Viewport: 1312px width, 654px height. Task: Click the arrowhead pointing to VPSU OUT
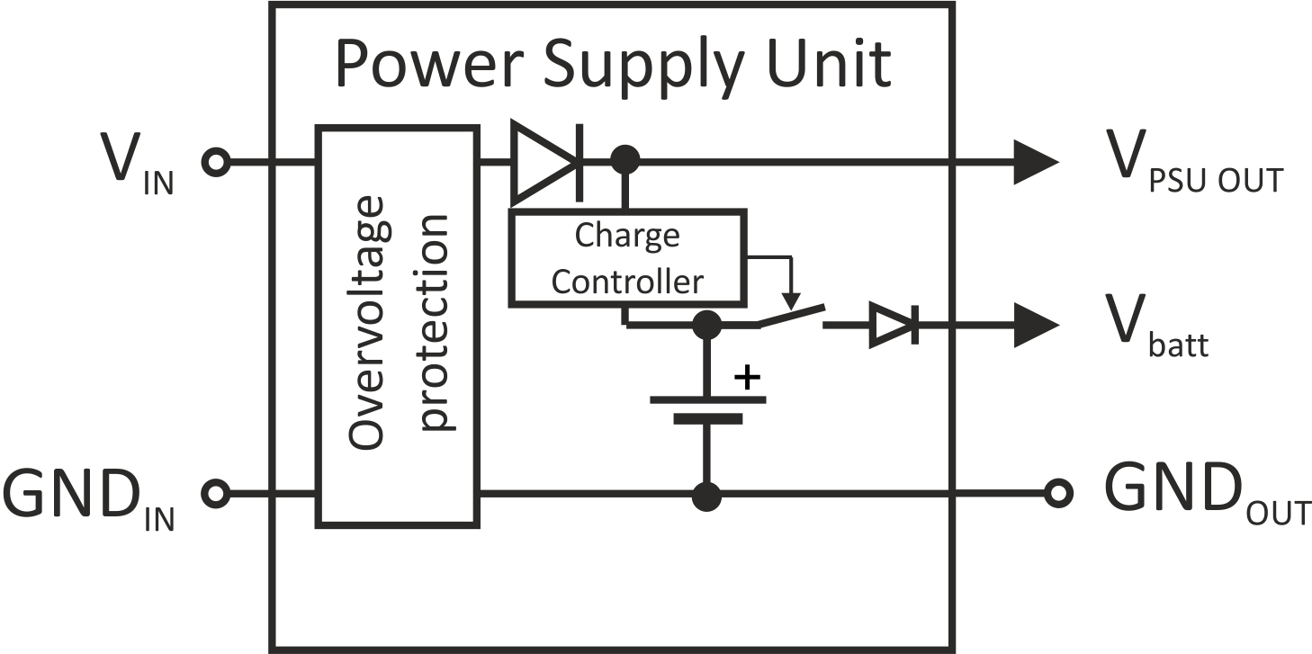1036,162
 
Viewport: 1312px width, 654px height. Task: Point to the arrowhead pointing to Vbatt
1036,325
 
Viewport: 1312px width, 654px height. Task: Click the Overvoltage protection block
398,327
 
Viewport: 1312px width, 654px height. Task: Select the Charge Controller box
627,257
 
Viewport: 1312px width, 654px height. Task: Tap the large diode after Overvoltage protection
547,162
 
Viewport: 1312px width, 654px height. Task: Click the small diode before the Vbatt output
894,325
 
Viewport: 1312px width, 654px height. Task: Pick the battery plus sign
748,378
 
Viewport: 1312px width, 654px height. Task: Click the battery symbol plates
707,409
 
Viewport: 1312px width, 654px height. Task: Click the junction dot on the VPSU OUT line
625,160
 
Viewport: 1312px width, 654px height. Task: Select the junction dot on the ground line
706,497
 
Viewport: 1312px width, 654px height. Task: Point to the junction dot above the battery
707,325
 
